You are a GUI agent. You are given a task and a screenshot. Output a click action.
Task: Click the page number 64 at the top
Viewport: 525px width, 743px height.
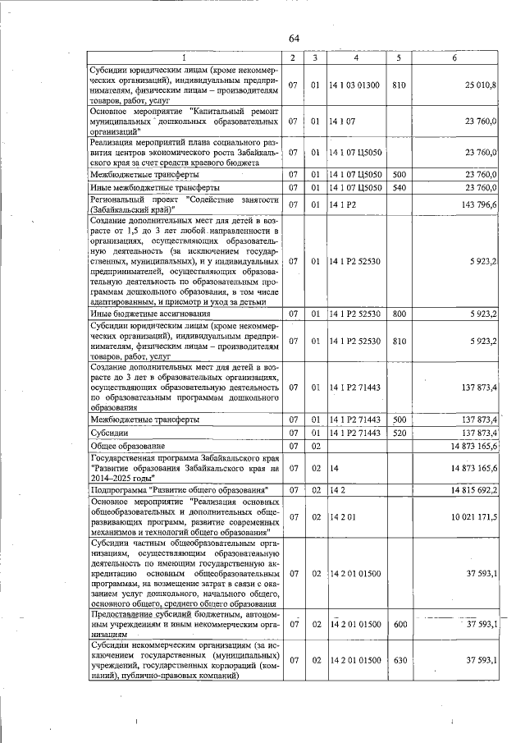(x=294, y=39)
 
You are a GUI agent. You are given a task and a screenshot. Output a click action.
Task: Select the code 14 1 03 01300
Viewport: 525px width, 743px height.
(x=354, y=85)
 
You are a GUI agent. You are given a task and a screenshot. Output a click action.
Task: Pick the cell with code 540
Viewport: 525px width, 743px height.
(x=399, y=188)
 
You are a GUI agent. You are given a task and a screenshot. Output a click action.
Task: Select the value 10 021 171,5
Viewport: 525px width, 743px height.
(x=473, y=518)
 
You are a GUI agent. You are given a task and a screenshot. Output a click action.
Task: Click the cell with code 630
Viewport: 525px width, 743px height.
(x=399, y=661)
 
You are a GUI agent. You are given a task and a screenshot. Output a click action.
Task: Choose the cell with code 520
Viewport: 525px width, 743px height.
(x=399, y=433)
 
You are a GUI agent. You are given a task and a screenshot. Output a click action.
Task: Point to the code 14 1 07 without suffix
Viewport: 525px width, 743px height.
(x=340, y=122)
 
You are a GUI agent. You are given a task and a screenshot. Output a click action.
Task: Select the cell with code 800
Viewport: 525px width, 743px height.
(x=399, y=314)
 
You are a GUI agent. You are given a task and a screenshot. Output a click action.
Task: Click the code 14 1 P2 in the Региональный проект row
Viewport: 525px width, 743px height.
(x=341, y=204)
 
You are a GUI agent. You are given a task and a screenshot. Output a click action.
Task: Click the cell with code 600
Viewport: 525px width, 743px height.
(x=399, y=625)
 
